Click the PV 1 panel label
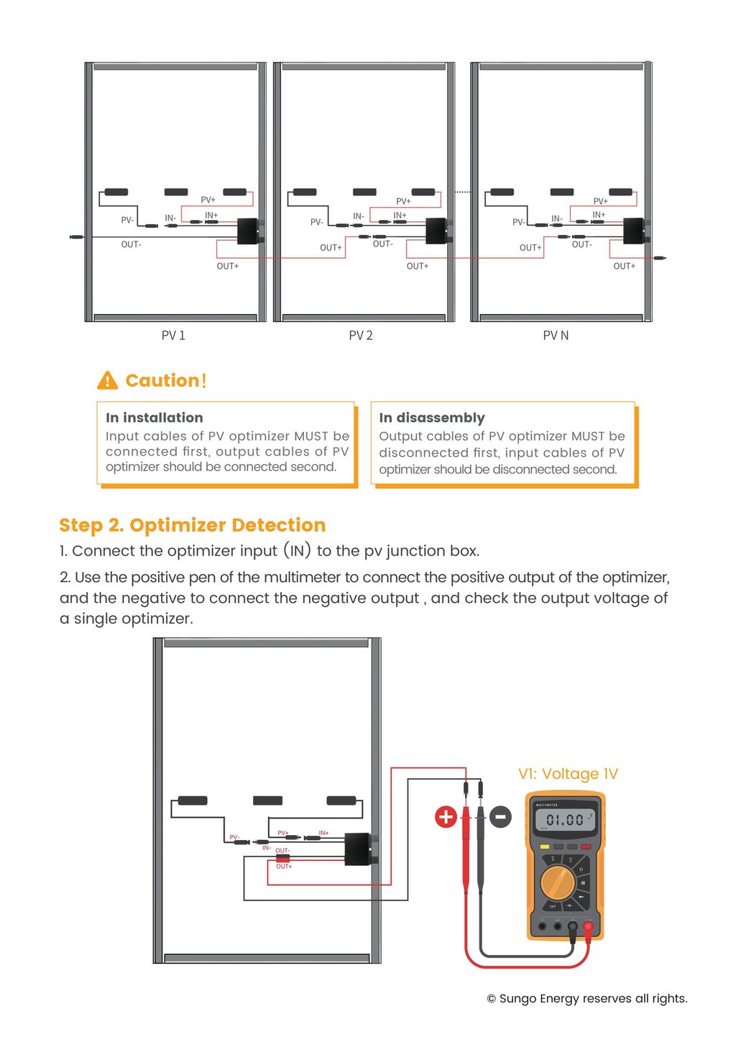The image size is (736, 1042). point(173,336)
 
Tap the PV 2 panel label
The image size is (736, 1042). point(361,336)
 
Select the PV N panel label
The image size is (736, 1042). point(556,336)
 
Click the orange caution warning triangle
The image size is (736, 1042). point(107,380)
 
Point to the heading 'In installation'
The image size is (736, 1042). point(155,418)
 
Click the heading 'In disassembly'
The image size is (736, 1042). point(432,418)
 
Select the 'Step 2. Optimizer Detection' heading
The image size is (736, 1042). point(193,525)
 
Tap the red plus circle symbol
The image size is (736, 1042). point(446,816)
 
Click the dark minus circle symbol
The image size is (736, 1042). point(501,816)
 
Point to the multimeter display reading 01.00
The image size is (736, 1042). point(566,819)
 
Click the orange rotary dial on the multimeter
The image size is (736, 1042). point(557,882)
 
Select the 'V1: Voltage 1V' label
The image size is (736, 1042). point(568,774)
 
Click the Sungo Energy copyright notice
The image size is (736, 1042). point(587,998)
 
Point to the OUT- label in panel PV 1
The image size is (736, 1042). point(131,245)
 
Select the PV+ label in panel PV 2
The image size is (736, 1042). point(404,201)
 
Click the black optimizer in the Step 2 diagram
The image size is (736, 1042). point(358,849)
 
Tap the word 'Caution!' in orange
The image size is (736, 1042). point(166,380)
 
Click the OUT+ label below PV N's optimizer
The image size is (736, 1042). point(624,267)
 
